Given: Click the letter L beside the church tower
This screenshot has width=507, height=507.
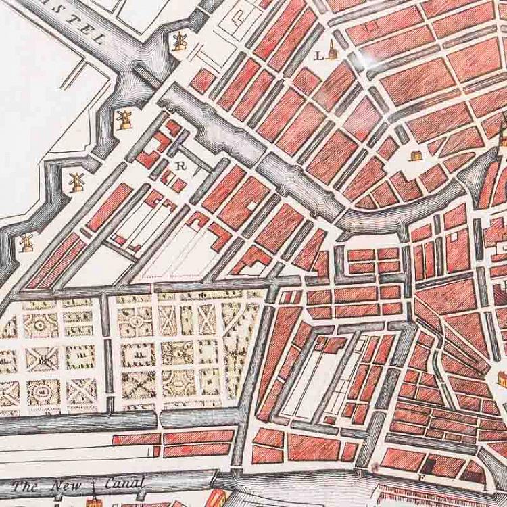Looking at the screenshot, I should [x=319, y=57].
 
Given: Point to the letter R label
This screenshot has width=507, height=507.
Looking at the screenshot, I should [x=180, y=164].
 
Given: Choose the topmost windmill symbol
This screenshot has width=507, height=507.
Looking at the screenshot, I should [x=179, y=42].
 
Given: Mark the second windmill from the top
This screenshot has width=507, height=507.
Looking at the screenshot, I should [x=124, y=119].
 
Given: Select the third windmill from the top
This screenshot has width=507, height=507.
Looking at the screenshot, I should [x=76, y=180].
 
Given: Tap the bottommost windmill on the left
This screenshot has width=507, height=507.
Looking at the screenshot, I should [x=27, y=241].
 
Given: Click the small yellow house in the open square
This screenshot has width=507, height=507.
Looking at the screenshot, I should [x=416, y=155].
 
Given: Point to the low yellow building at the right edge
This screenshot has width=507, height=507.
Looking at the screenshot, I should [x=502, y=378].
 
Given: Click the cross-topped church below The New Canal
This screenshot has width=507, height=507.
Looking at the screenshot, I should [x=92, y=501].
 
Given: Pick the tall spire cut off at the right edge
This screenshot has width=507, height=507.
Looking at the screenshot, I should [x=502, y=135].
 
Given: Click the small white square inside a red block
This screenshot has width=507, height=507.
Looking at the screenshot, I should [x=448, y=238].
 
